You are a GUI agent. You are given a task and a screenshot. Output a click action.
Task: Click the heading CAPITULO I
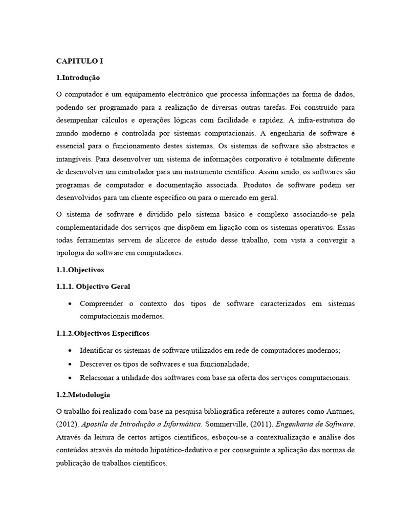pos(79,60)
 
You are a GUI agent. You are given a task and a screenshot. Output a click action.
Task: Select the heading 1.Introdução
pos(78,78)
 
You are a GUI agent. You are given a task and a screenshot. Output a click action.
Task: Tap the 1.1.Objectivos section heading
pos(80,269)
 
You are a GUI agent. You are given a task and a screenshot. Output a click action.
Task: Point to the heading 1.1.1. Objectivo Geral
pos(96,287)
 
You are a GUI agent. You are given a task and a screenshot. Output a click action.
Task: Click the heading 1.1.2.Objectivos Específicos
pos(102,333)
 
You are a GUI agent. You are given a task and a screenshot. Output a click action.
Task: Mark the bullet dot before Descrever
pos(70,364)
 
